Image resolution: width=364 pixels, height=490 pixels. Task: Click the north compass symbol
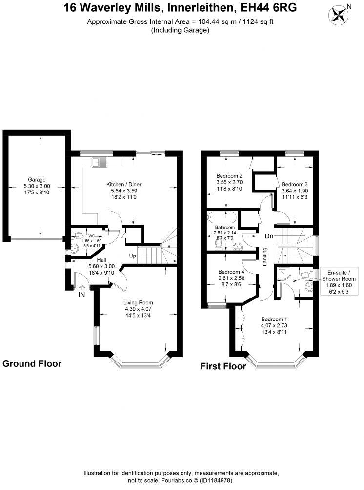click(x=337, y=14)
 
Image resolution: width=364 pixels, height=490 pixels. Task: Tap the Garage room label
click(x=37, y=179)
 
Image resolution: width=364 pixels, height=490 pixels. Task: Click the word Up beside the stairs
click(x=132, y=256)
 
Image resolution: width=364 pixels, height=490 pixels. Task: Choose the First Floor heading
click(x=223, y=366)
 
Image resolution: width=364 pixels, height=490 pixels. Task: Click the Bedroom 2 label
click(x=229, y=176)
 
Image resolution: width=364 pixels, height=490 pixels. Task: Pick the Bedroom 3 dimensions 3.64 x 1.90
click(x=294, y=191)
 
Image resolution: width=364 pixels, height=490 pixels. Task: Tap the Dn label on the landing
click(x=269, y=236)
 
